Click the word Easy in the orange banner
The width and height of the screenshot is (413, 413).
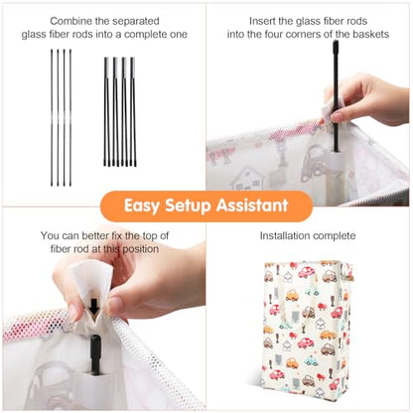coord(142,206)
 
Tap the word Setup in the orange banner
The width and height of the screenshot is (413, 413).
coord(188,206)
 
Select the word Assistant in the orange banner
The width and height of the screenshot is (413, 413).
coord(252,206)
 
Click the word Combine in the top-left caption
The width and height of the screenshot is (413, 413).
coord(70,21)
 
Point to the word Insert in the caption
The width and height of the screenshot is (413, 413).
coord(262,21)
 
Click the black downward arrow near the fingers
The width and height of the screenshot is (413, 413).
coord(94,307)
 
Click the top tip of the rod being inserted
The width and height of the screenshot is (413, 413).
coord(336,42)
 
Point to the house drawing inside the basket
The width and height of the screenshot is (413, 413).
coord(247,178)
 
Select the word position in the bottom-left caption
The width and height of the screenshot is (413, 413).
coord(141,249)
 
